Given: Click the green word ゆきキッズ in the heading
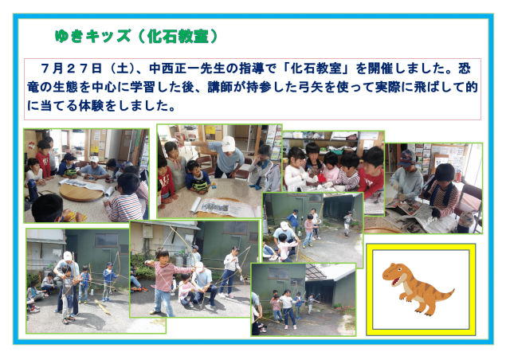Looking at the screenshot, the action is [92, 36].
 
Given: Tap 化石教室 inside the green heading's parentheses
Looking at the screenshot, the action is [178, 37].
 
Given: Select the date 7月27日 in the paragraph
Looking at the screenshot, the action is [71, 68].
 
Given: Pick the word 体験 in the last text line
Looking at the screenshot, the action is [91, 106].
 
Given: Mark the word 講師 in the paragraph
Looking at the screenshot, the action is [220, 87].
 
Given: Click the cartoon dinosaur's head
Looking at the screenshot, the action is [395, 273].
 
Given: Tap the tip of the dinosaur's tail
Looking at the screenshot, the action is [453, 289].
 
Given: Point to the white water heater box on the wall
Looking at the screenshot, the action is [147, 232].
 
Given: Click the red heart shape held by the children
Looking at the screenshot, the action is [322, 178].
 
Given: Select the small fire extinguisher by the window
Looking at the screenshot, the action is [459, 177].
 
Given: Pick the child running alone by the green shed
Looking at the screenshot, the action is [348, 223].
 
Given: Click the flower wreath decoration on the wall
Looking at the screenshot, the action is [32, 145].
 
